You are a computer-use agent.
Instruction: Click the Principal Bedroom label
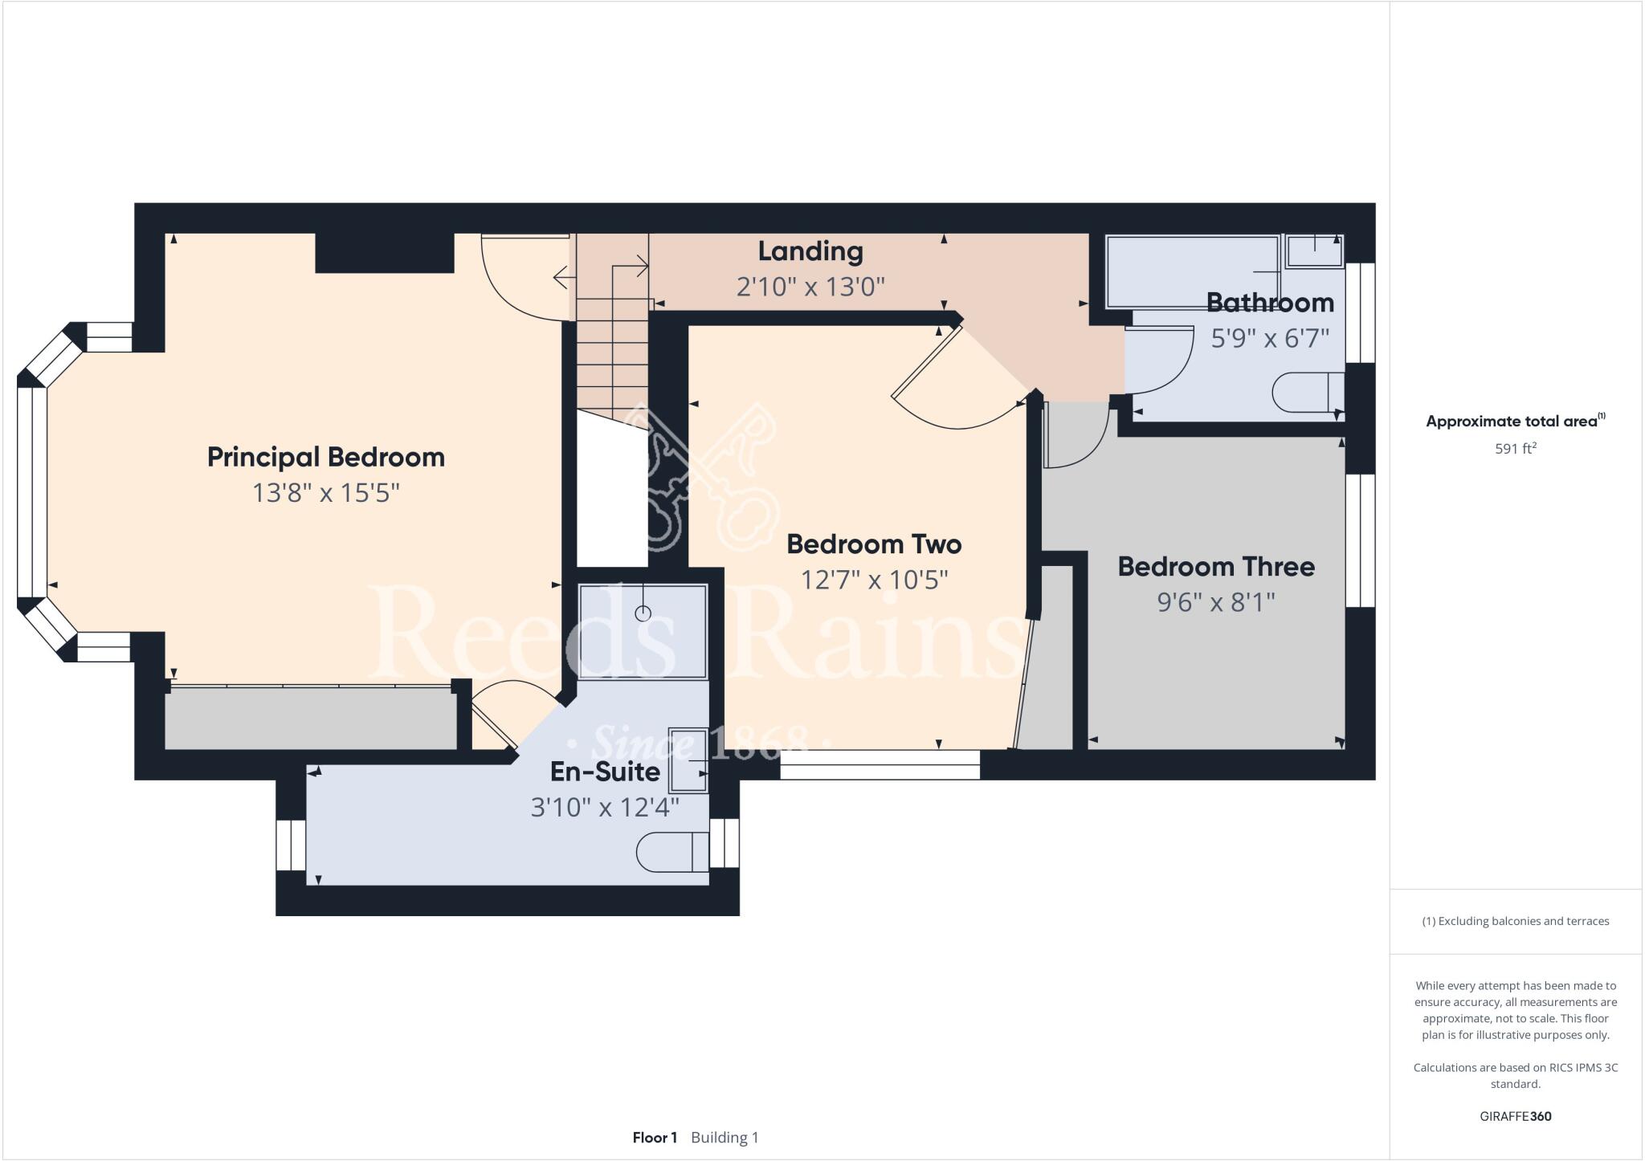325,457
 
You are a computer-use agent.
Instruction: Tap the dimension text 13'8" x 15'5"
325,492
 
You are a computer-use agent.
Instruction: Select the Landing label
810,251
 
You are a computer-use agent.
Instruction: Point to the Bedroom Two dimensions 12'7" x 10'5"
874,579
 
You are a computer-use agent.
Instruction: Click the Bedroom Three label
1215,567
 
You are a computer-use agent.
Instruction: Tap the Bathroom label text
1269,303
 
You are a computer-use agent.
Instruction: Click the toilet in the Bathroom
1307,392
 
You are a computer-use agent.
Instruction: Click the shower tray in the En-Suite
643,632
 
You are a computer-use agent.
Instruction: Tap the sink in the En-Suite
688,760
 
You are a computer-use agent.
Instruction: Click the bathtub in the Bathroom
1192,271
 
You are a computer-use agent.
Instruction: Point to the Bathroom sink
1313,251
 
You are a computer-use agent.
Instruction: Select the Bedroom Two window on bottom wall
880,764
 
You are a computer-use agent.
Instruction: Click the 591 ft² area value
1514,449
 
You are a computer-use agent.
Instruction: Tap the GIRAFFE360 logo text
1515,1116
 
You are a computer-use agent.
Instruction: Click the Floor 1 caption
655,1138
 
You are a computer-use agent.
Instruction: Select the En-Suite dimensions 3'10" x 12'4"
605,807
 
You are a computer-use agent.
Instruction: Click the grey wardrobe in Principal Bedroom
310,719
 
